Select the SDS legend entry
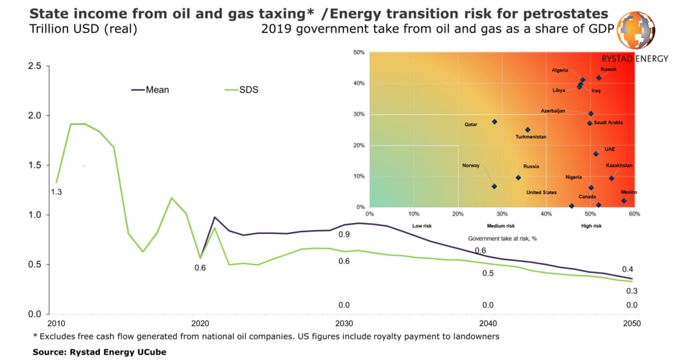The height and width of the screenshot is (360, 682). coord(240,90)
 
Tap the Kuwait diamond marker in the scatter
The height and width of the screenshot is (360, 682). coord(599,78)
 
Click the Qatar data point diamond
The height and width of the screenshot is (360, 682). coord(494,122)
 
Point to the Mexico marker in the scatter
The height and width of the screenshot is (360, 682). coord(624,200)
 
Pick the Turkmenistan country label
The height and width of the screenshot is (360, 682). coord(531,137)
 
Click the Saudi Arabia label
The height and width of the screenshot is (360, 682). coord(608,122)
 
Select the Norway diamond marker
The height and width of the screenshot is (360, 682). coord(494,186)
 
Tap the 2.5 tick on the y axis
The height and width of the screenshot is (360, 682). coord(35,66)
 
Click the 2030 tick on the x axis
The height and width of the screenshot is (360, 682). coord(344,323)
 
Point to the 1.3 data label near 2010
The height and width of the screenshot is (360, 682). coord(56,192)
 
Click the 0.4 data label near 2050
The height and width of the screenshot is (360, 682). coord(627,269)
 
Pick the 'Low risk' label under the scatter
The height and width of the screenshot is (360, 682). coord(422,226)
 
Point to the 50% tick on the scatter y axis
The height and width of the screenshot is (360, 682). coord(359,52)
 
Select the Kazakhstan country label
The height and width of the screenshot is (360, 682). coord(619,166)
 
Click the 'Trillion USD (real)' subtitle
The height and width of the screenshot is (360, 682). coord(74,28)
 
